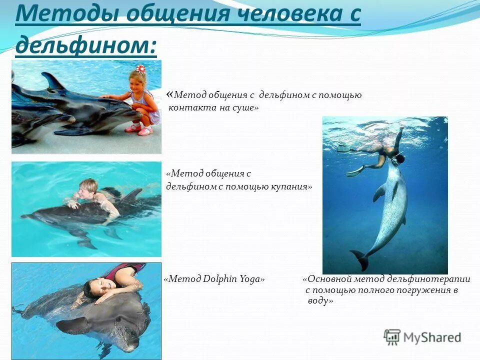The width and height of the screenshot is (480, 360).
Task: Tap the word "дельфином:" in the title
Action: coord(85,46)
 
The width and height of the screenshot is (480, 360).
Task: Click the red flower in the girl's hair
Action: coord(140,69)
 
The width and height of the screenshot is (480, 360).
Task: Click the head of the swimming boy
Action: coord(88,186)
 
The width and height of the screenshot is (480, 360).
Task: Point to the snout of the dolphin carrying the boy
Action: coord(27,216)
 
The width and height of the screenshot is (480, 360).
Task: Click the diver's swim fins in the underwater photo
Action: coord(350,160)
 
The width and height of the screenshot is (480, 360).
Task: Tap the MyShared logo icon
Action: coord(392,337)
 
